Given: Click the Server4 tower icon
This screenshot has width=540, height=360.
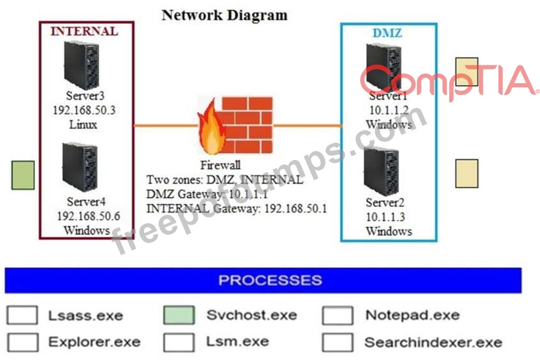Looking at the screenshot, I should point(80,168).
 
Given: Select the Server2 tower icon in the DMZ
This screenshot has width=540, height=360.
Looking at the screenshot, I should point(383,172).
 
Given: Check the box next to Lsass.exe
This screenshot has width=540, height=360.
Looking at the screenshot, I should point(22,315).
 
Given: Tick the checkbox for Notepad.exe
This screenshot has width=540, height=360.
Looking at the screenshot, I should point(337,315).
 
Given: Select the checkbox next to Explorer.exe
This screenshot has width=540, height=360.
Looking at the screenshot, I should point(22,341).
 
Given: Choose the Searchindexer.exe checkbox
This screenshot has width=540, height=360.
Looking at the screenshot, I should point(337,341).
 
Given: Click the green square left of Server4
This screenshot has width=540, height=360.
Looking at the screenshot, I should point(23,175).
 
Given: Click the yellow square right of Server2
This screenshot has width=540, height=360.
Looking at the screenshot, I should point(466,173).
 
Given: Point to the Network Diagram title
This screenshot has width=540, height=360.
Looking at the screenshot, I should point(225,14).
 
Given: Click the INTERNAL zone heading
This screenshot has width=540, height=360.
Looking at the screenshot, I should point(85,31).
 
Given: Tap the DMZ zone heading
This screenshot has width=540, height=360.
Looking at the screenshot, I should point(388,32).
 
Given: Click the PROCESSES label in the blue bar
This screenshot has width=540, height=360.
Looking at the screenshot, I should point(270,280).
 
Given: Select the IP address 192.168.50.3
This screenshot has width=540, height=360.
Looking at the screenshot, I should point(85,110).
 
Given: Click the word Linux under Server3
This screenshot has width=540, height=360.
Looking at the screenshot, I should point(83,124).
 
